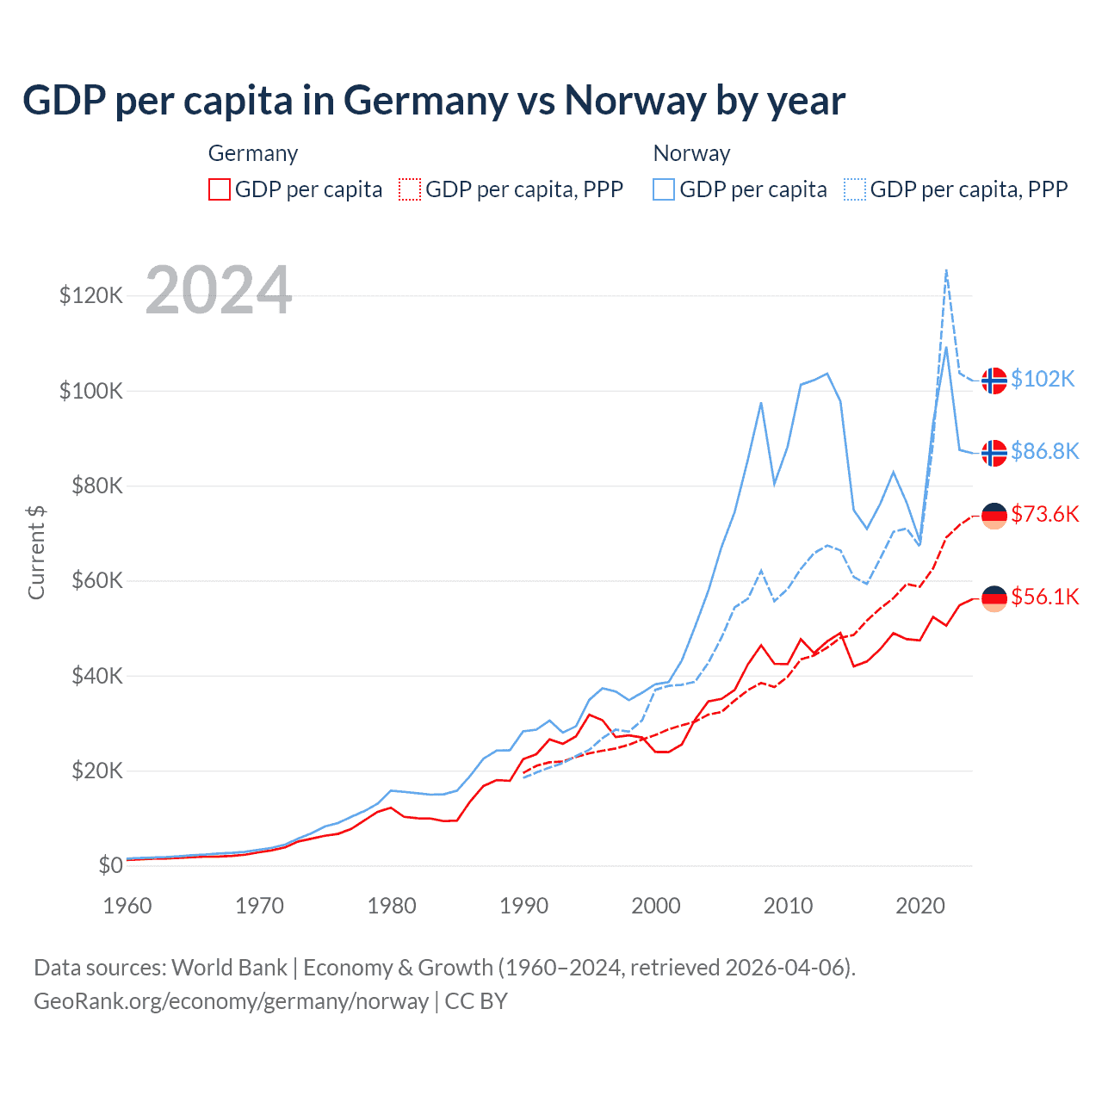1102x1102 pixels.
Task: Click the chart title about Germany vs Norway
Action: [434, 101]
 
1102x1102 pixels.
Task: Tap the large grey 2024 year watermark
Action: [219, 290]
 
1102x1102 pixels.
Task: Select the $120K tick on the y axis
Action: [91, 295]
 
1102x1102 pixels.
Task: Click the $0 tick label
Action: [110, 865]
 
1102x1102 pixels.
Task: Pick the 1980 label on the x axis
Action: [392, 906]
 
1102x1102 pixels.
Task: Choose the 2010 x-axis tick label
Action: [789, 906]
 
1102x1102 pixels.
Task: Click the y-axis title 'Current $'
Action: [36, 553]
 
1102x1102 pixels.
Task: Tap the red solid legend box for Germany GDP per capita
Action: [220, 189]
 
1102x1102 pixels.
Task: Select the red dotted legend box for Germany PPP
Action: [410, 189]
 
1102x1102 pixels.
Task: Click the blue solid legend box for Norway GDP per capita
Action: [664, 189]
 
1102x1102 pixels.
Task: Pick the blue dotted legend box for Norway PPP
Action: [855, 189]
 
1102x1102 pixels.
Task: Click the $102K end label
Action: [1043, 379]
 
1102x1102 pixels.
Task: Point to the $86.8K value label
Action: [1044, 451]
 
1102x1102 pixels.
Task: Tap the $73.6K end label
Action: [1044, 514]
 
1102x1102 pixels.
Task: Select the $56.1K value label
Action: [1044, 597]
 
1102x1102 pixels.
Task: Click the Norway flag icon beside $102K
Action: [994, 380]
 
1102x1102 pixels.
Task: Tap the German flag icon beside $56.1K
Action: [994, 597]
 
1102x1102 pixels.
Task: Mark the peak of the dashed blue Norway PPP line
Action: [946, 270]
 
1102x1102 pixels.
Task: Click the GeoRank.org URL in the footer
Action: [231, 1001]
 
